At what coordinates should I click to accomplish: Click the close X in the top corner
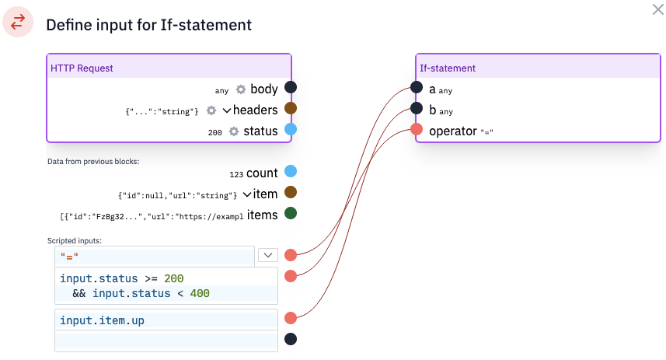point(658,9)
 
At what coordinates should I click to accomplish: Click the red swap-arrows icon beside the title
point(18,22)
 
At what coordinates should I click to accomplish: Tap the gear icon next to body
point(241,89)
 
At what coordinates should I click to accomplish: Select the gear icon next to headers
point(211,110)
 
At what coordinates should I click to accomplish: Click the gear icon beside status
point(234,131)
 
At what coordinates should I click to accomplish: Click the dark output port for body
point(291,87)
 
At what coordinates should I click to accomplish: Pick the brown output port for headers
point(291,108)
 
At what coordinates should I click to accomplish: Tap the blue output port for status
point(291,129)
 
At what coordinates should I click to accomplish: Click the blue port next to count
point(291,171)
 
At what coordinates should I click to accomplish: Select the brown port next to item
point(291,192)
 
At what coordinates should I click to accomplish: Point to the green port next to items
point(291,213)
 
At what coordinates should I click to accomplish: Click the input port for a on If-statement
point(417,87)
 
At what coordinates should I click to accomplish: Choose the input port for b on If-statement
point(417,108)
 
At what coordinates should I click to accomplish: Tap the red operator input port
point(417,129)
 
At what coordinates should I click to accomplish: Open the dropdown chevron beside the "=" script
point(268,255)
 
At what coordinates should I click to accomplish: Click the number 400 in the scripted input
point(200,293)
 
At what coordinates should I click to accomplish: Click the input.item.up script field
point(166,320)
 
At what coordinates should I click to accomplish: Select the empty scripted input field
point(166,341)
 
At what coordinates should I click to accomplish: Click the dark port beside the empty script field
point(291,339)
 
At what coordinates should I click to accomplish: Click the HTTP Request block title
point(82,68)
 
